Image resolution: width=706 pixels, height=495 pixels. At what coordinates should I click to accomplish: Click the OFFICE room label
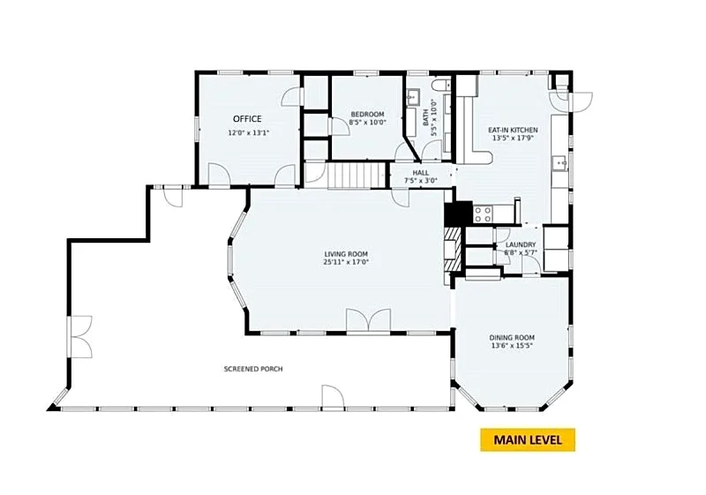point(247,119)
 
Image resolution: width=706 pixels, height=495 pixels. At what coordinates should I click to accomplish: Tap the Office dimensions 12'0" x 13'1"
point(249,133)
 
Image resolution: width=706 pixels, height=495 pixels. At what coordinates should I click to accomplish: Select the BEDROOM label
point(367,115)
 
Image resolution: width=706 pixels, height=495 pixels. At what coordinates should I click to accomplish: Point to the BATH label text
point(426,117)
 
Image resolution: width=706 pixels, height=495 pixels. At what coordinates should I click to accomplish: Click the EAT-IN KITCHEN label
point(513,130)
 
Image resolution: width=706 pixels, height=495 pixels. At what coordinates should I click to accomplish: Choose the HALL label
point(421,173)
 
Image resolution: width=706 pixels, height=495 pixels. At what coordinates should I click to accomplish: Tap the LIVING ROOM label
point(346,254)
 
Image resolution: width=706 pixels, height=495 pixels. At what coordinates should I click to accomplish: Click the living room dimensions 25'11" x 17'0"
point(346,262)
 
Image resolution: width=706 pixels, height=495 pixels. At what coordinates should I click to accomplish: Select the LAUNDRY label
point(521,244)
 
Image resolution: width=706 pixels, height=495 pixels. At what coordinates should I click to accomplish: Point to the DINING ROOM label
point(512,338)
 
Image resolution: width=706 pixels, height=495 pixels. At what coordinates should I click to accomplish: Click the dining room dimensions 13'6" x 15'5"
point(512,346)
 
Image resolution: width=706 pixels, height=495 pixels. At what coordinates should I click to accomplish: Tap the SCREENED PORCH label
point(253,369)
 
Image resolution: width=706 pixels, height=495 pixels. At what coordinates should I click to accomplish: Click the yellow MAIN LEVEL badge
point(528,439)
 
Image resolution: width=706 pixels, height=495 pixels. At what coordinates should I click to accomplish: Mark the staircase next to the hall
point(357,176)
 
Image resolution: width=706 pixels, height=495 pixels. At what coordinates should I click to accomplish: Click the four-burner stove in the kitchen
point(483,214)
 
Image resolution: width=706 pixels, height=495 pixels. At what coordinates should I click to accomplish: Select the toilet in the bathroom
point(439,86)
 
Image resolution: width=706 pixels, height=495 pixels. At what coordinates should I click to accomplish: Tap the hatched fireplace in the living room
point(453,249)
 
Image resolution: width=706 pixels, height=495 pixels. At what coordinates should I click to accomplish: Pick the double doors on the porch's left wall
point(81,336)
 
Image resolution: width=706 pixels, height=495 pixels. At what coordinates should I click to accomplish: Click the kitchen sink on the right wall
point(560,164)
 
